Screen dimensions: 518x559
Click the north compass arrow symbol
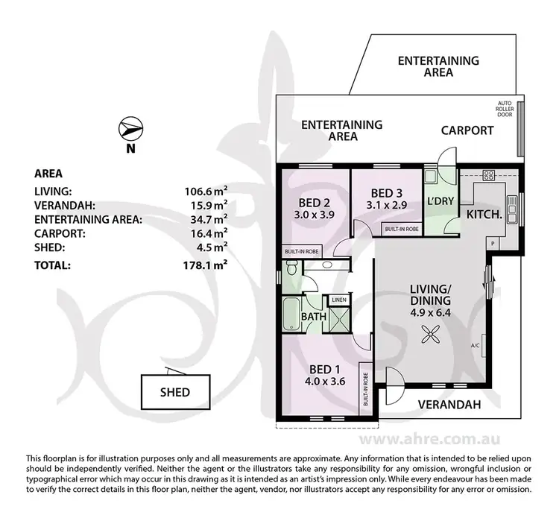pyautogui.click(x=130, y=130)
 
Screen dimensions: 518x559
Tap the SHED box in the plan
pyautogui.click(x=174, y=391)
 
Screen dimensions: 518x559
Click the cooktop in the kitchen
pyautogui.click(x=489, y=176)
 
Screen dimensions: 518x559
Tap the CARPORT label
pyautogui.click(x=467, y=130)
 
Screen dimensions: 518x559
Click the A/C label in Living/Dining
pyautogui.click(x=475, y=345)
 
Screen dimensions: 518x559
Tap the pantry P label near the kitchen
pyautogui.click(x=492, y=244)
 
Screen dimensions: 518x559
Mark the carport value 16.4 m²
pyautogui.click(x=206, y=234)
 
